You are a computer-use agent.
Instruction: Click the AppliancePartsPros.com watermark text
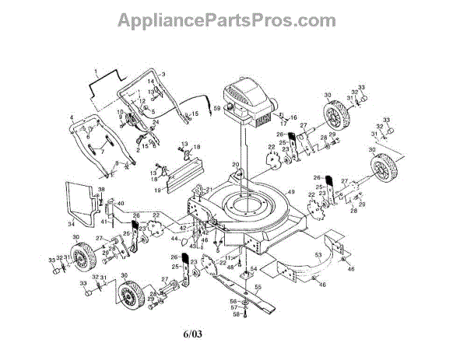point(233,18)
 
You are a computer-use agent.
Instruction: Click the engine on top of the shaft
point(247,105)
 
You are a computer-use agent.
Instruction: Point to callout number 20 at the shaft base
point(235,164)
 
